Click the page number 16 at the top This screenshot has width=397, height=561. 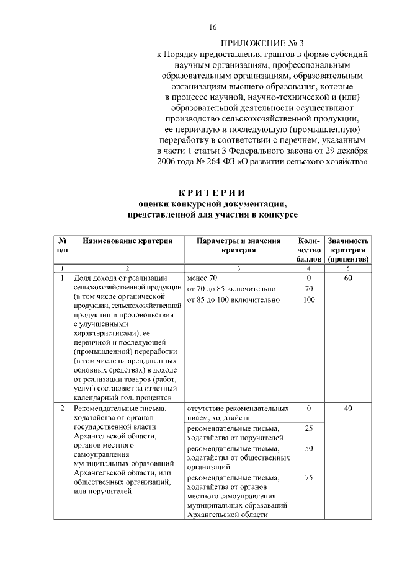click(213, 27)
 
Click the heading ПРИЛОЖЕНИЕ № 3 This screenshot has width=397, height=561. click(264, 43)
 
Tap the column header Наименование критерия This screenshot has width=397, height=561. click(127, 241)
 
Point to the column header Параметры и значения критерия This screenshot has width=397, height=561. click(238, 245)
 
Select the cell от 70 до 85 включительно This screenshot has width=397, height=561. click(229, 289)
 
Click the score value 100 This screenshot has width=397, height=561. click(308, 300)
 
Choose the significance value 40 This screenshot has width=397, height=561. click(348, 409)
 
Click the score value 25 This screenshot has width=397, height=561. click(308, 428)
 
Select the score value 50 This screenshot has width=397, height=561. click(308, 448)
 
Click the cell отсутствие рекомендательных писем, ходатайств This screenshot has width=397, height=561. click(238, 413)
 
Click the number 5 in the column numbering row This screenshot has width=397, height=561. click(348, 268)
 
